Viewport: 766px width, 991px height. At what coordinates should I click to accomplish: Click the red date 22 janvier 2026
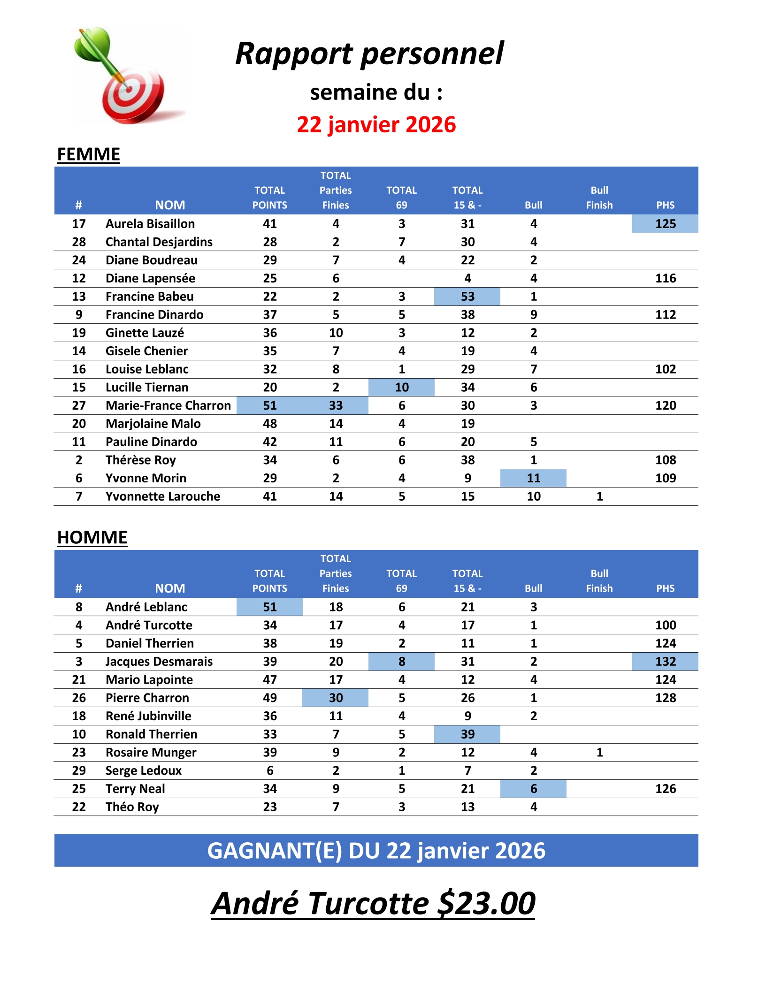[376, 125]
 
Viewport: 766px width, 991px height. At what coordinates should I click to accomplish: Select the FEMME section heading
[88, 154]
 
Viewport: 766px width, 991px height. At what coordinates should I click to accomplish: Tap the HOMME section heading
[92, 538]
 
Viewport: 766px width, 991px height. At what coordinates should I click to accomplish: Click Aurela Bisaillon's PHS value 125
[665, 224]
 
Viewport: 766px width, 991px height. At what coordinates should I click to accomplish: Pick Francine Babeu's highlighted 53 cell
[467, 297]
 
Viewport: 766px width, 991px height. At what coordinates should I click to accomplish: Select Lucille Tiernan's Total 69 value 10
[401, 388]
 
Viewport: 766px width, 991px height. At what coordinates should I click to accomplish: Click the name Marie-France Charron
[168, 405]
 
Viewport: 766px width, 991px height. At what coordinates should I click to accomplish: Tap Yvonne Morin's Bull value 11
[533, 478]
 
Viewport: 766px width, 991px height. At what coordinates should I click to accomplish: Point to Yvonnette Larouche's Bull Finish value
[599, 496]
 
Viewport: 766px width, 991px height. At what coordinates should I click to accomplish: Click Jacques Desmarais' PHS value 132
[665, 662]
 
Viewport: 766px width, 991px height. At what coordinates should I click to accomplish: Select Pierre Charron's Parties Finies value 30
[336, 698]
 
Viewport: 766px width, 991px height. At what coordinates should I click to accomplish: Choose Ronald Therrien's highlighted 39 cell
[467, 734]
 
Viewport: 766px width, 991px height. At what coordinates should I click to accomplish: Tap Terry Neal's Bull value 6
[533, 789]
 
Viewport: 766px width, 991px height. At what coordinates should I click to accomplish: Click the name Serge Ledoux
[143, 770]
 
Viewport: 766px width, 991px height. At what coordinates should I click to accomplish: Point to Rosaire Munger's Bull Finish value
[599, 753]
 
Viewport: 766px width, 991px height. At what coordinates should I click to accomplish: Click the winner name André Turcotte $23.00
[373, 903]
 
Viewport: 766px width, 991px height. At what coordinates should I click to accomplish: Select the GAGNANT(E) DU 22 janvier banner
[376, 850]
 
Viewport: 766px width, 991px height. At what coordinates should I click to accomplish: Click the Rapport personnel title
[369, 53]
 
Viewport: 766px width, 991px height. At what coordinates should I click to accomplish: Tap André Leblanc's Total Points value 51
[269, 607]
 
